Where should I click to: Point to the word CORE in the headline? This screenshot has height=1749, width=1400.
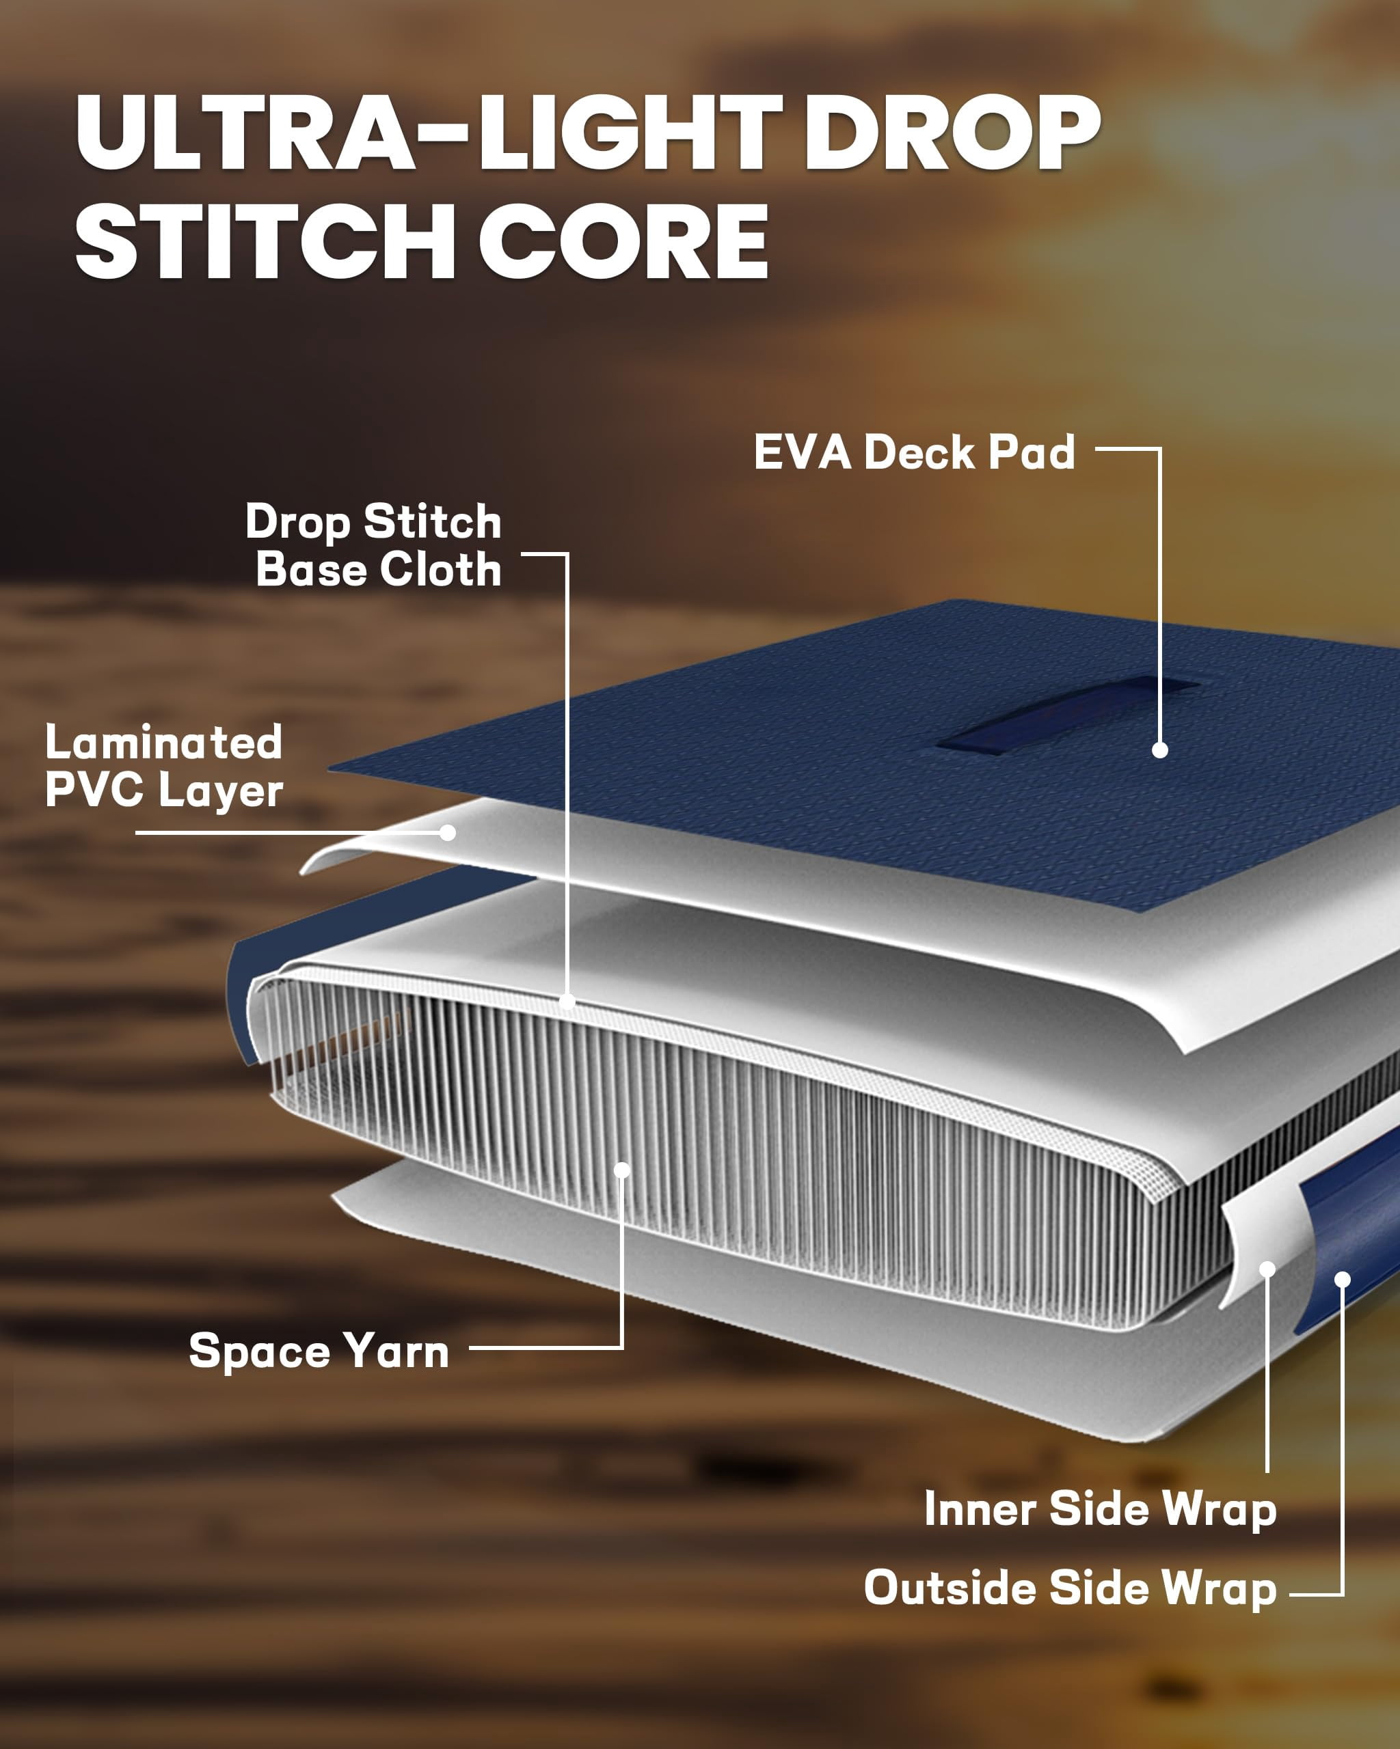[623, 241]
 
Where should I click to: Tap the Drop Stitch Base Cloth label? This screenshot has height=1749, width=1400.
[373, 545]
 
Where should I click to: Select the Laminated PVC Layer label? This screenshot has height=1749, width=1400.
[164, 766]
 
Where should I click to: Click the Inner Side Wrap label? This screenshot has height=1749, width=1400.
[1101, 1510]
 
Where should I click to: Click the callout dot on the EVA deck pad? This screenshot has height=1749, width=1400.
[1161, 750]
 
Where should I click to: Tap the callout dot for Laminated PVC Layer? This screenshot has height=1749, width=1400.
[447, 832]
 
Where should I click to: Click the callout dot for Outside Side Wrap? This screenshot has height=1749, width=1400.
[1343, 1280]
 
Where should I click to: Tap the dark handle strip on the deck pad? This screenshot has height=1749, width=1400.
[1067, 714]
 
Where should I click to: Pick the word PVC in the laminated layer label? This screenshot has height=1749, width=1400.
[94, 789]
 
